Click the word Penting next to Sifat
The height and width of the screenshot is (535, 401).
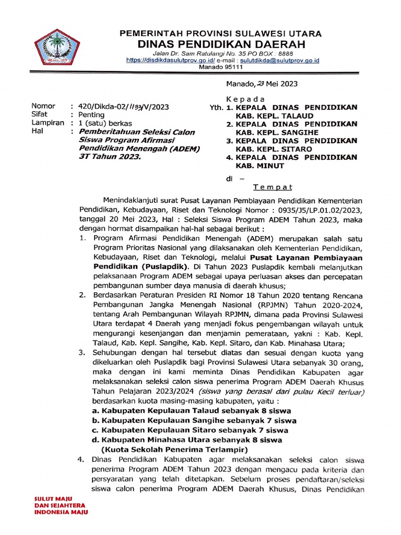(91, 114)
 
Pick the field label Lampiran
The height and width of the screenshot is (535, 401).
(48, 123)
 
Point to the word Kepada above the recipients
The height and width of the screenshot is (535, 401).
(245, 99)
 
